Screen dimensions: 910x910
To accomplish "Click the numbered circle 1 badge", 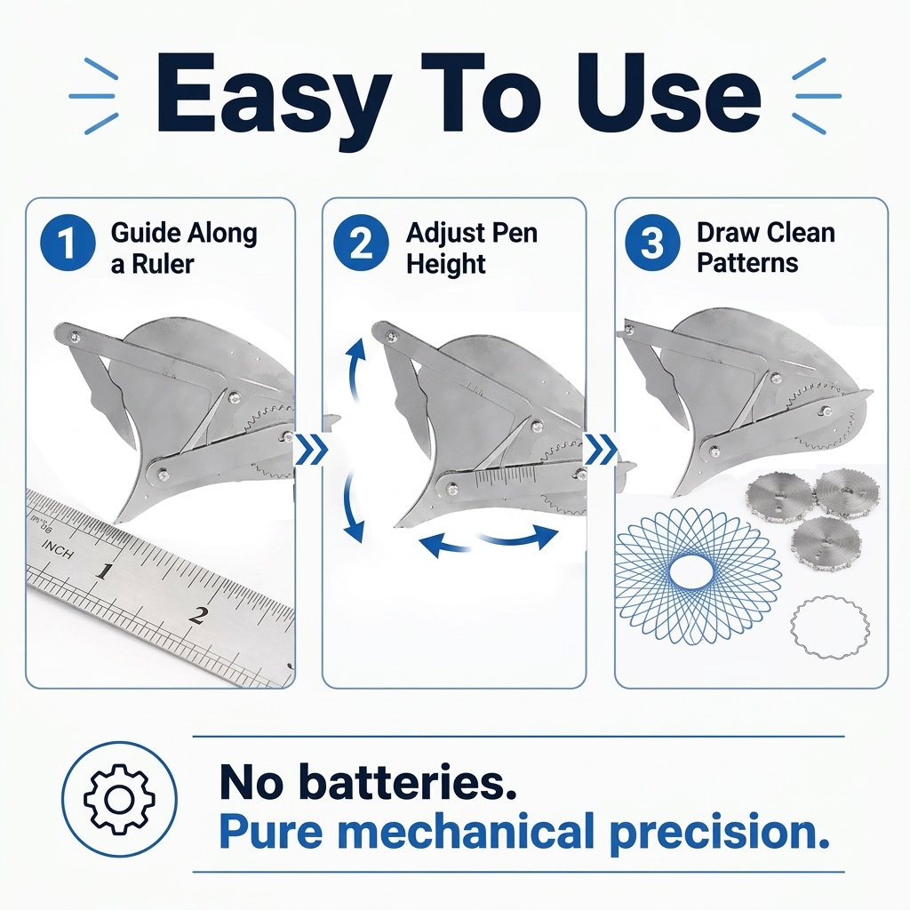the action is (68, 243).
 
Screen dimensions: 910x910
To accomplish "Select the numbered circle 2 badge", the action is (361, 243).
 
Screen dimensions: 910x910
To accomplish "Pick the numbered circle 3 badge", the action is (652, 243).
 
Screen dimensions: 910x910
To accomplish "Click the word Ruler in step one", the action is (163, 264).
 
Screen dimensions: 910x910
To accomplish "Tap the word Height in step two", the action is (446, 264).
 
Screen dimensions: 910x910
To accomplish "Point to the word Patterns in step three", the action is (747, 263).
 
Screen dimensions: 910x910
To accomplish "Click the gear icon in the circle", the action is (120, 799).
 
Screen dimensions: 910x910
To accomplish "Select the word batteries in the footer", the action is (409, 782).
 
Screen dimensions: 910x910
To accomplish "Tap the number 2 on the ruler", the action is (198, 615).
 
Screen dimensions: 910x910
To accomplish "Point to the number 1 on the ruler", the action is (103, 571).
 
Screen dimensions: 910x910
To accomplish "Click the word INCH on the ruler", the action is (58, 549).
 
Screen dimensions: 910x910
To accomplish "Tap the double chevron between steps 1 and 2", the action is (311, 450).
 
